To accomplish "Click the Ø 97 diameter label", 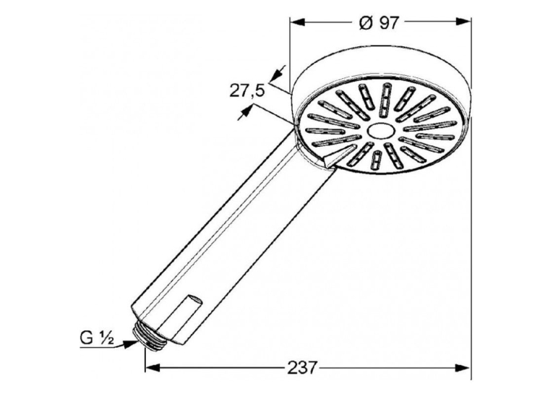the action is pos(378,23).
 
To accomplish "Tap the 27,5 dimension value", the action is pos(247,90).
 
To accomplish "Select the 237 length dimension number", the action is pos(302,368).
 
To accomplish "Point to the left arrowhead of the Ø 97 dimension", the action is pos(297,22).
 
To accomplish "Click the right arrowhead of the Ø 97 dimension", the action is pos(463,22).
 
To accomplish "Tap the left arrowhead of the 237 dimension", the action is pos(153,368).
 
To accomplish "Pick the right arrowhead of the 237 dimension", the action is pos(463,368).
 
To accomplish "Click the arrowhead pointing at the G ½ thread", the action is pos(132,343).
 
